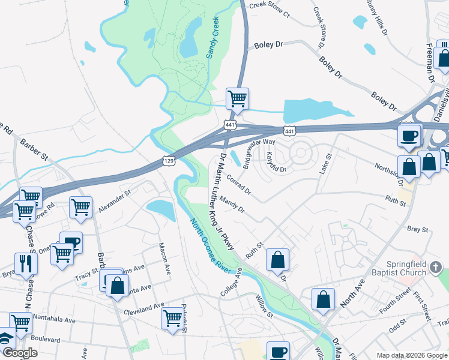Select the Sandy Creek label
[214, 37]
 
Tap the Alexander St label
[115, 200]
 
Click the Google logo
[20, 353]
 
